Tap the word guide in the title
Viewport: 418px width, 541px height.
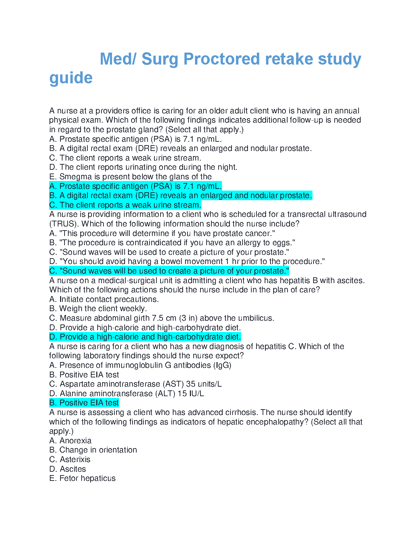pos(71,78)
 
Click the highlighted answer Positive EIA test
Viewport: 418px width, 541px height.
pos(84,403)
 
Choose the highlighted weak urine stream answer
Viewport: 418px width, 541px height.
pos(125,205)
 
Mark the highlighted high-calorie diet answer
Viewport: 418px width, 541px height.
pos(145,337)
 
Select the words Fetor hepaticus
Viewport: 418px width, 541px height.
pos(87,478)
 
